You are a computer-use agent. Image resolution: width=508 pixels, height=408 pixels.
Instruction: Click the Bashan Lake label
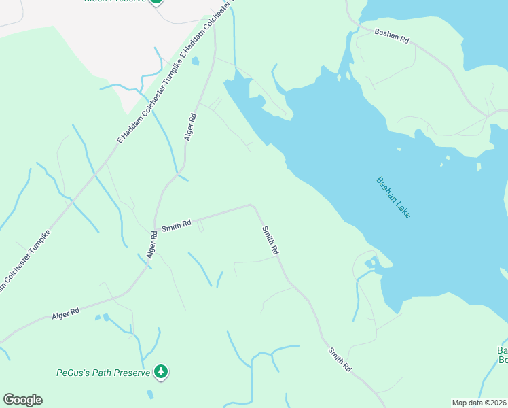393,197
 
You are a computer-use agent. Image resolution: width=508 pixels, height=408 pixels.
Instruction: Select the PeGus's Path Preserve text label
103,373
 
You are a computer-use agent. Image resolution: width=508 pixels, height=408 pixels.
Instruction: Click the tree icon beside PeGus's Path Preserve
161,371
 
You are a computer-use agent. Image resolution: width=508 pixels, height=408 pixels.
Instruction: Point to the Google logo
22,400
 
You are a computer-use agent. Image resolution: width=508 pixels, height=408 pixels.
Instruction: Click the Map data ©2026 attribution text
479,403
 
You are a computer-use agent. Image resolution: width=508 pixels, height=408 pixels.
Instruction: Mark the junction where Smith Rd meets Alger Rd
156,228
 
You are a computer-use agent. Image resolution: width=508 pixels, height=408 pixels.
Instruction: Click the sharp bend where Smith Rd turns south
252,205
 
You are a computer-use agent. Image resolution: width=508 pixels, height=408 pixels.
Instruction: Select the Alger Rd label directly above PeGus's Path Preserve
66,313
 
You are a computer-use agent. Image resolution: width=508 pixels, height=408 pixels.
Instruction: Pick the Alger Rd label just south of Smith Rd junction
153,245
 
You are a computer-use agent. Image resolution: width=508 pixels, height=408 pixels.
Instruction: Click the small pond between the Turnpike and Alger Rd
196,61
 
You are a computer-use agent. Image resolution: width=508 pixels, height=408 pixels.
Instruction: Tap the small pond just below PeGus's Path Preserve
149,394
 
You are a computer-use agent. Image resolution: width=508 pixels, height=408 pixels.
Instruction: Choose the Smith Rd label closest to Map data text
340,359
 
